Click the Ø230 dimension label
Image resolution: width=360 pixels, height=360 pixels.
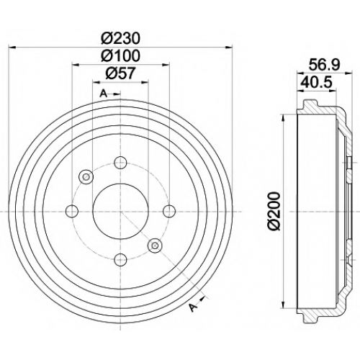pos(120,38)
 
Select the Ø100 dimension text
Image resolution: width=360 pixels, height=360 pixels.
pos(120,55)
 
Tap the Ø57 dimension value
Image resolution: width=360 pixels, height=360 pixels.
pos(120,73)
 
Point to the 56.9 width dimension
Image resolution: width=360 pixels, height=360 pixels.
pos(324,65)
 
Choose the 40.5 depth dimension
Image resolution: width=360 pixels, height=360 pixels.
pos(316,82)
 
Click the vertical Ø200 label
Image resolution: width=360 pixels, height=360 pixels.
pos(274,211)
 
